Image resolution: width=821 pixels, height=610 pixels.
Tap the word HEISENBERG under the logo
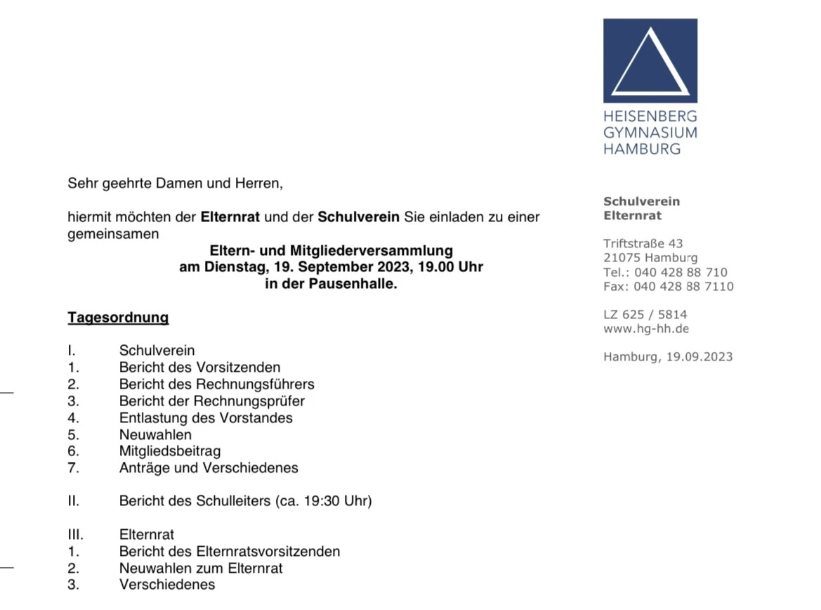pyautogui.click(x=650, y=116)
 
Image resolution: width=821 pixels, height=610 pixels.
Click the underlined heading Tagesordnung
pyautogui.click(x=118, y=318)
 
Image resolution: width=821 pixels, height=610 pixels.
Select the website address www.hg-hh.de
pyautogui.click(x=646, y=329)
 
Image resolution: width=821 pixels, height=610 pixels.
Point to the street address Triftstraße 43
pyautogui.click(x=643, y=244)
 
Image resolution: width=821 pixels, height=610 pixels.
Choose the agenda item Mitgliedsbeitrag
pyautogui.click(x=170, y=451)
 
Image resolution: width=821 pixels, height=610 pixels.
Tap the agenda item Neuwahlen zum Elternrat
pyautogui.click(x=201, y=569)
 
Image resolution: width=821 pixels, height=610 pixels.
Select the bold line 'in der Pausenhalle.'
pyautogui.click(x=331, y=285)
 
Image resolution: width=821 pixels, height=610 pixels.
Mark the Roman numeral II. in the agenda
pyautogui.click(x=74, y=501)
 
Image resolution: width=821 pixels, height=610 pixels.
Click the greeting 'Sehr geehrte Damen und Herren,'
pyautogui.click(x=175, y=183)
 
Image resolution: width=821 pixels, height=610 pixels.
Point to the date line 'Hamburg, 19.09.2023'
pyautogui.click(x=667, y=357)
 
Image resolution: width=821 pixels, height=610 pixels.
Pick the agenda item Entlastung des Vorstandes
pyautogui.click(x=206, y=418)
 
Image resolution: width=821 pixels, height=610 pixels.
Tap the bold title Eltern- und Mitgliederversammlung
pyautogui.click(x=331, y=251)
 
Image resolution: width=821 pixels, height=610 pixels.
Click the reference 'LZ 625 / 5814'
pyautogui.click(x=645, y=315)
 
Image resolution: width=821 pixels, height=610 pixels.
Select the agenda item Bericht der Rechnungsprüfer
pyautogui.click(x=212, y=401)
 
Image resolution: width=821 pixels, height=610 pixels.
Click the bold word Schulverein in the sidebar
pyautogui.click(x=641, y=202)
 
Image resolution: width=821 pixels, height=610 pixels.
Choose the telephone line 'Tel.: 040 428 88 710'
pyautogui.click(x=665, y=273)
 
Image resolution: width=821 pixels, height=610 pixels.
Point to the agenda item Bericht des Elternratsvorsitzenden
pyautogui.click(x=230, y=552)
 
